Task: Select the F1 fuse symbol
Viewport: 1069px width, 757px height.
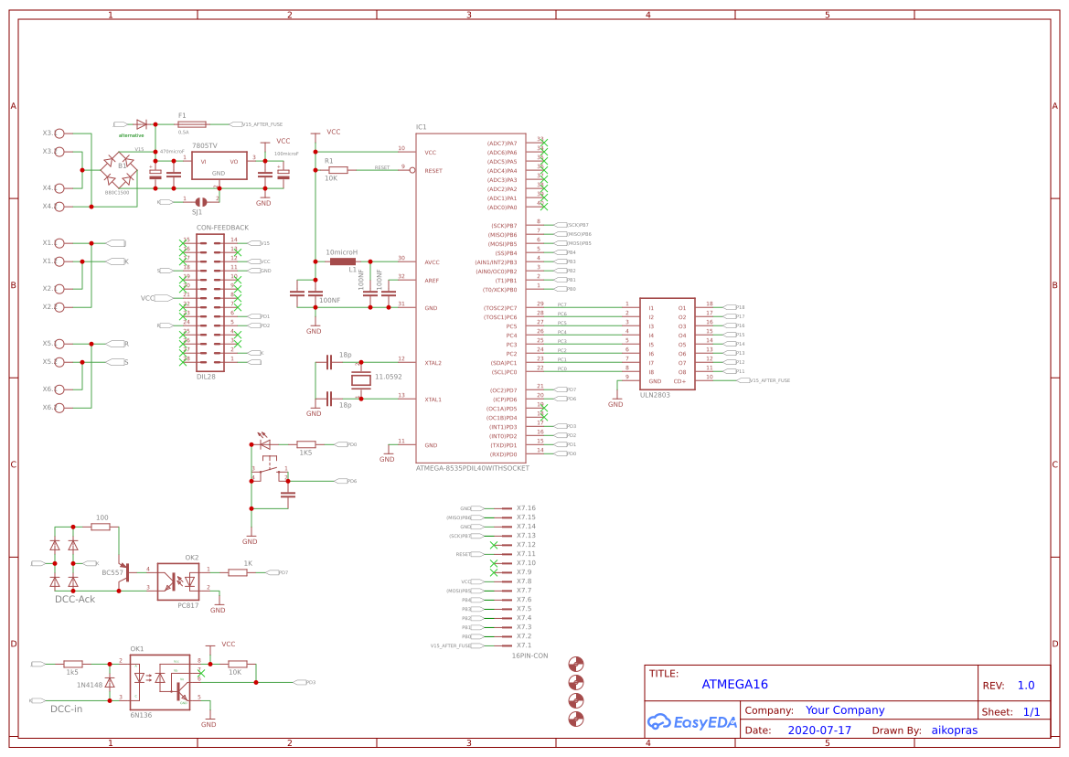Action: [193, 123]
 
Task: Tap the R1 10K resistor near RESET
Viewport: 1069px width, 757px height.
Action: [337, 170]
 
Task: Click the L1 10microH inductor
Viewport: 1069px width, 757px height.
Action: [343, 261]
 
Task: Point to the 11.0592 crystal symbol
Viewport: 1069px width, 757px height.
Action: [360, 380]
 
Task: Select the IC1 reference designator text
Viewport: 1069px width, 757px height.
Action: [421, 127]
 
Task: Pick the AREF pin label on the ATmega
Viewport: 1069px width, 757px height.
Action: [432, 281]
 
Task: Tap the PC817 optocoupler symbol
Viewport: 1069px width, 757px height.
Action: [177, 581]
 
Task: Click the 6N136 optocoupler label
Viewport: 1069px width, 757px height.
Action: [141, 715]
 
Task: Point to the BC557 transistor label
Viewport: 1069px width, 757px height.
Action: [112, 571]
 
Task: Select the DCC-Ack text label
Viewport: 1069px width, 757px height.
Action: [75, 599]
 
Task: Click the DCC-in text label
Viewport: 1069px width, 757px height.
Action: [66, 709]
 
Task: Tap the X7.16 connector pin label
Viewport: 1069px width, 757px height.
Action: [526, 508]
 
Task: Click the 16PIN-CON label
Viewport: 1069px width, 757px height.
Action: [529, 656]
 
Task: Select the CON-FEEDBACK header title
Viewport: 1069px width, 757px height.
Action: [222, 227]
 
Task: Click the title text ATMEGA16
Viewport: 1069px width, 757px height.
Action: [734, 684]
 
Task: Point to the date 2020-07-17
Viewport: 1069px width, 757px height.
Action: [819, 730]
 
